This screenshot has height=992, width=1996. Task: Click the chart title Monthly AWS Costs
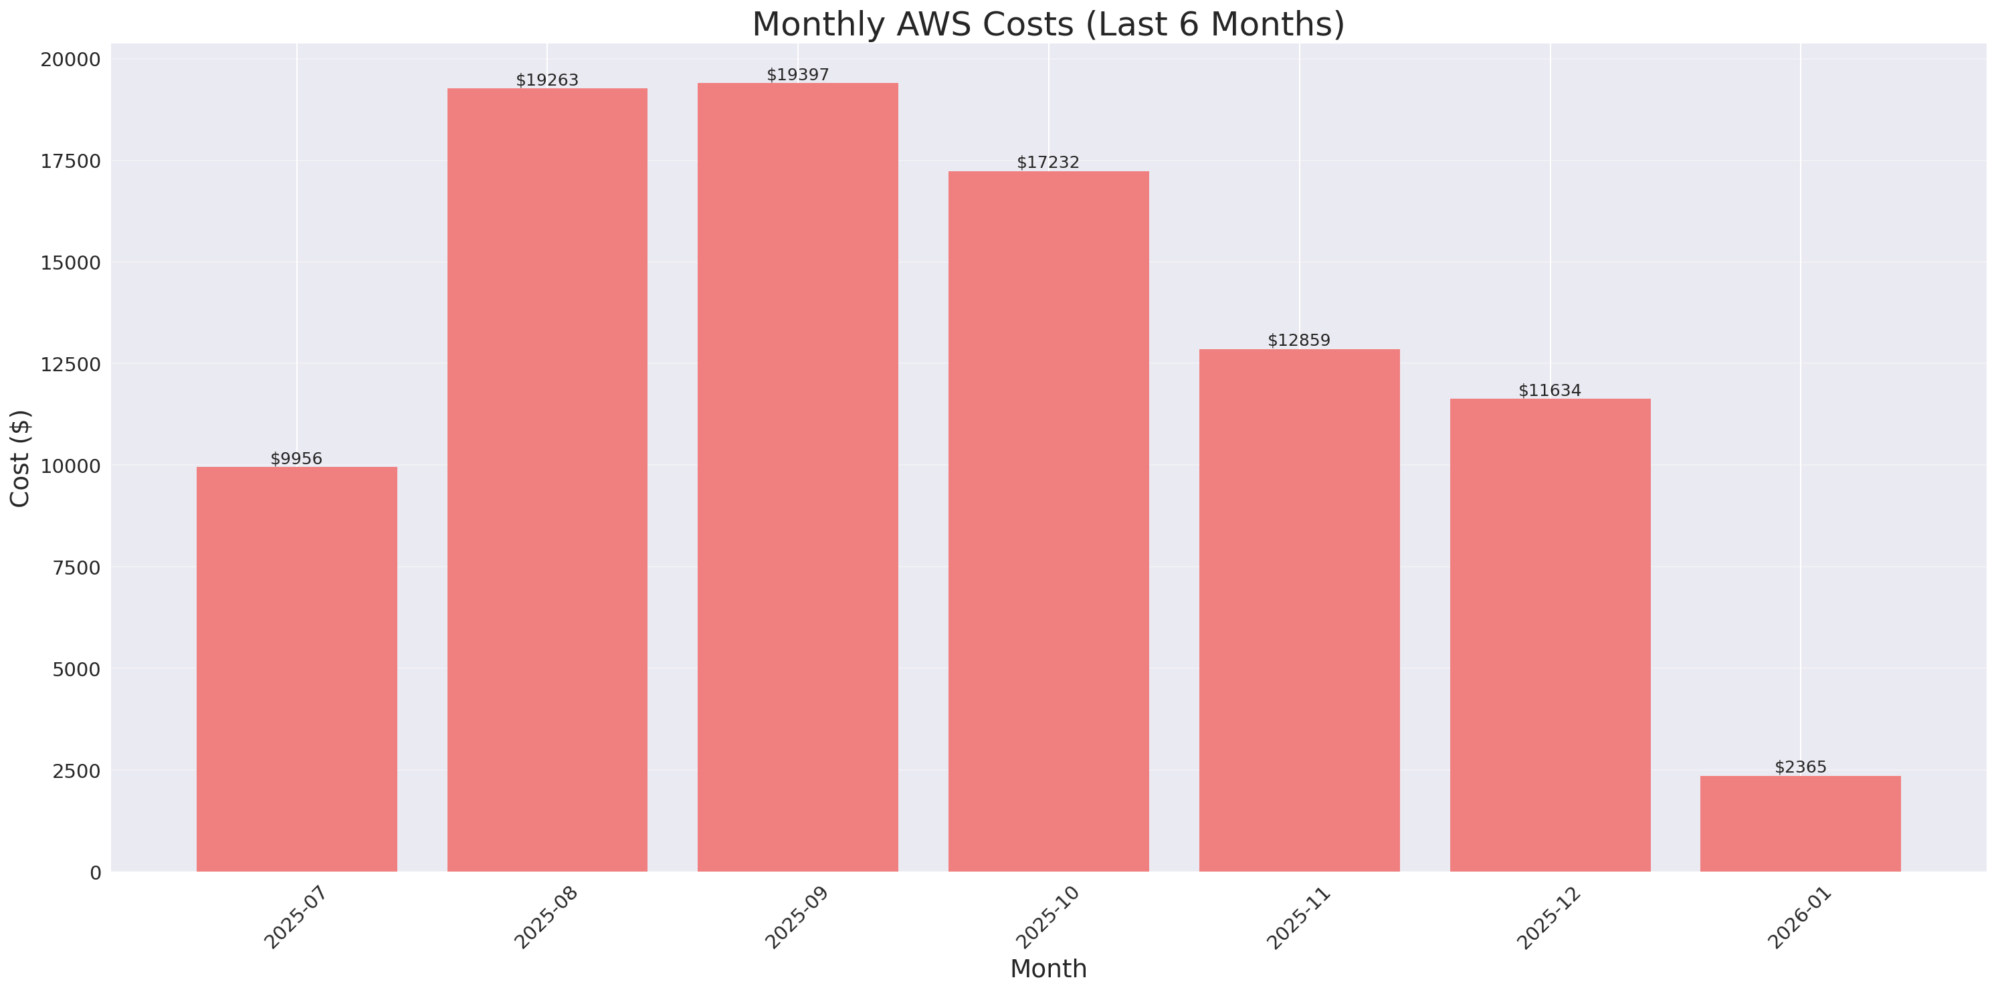[1047, 24]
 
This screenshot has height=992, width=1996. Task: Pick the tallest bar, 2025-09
[797, 477]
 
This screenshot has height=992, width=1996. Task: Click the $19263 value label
[547, 80]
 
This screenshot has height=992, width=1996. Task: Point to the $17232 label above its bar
[1047, 162]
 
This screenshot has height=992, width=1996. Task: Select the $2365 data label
[1800, 767]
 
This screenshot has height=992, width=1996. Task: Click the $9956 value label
[296, 459]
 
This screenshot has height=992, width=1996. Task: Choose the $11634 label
[1549, 391]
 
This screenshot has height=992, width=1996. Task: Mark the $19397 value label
[797, 74]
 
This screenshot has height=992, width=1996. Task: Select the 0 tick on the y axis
[95, 874]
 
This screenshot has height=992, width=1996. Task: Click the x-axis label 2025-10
[1047, 918]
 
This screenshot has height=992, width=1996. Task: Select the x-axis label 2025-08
[546, 918]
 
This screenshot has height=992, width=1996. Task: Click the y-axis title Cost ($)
[20, 458]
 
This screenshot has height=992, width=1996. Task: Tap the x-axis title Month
[1047, 969]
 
